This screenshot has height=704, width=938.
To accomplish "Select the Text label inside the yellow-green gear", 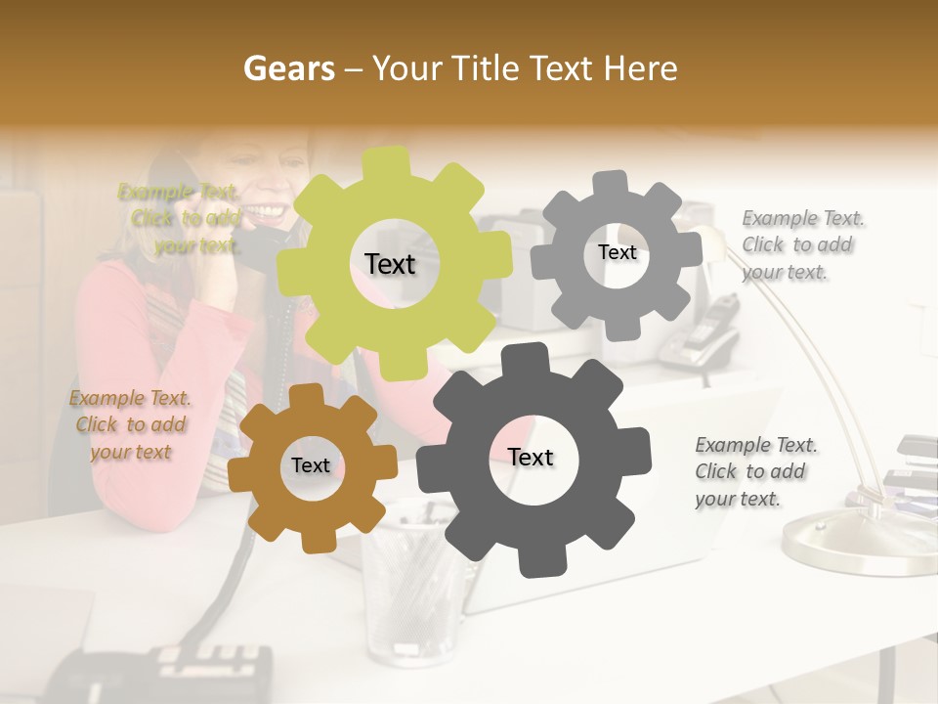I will click(x=390, y=264).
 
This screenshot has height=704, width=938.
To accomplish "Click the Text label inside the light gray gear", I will click(x=617, y=252).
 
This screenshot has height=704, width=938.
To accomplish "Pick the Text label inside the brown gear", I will click(x=311, y=465).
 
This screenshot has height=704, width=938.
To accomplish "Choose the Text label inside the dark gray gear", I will click(x=531, y=457).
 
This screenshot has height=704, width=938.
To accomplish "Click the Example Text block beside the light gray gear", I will click(x=802, y=244).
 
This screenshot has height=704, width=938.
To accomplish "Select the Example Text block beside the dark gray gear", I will click(x=755, y=471).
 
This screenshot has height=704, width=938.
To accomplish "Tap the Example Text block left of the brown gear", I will click(x=129, y=424).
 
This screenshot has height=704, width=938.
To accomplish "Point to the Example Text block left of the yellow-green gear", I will click(x=181, y=218).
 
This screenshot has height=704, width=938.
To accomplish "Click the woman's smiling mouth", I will click(x=268, y=209).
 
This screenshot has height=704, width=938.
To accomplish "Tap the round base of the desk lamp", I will click(x=860, y=544).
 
